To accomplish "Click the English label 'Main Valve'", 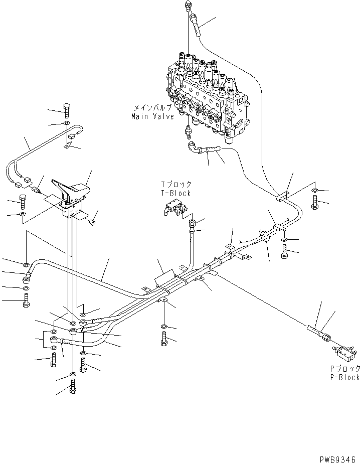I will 152,116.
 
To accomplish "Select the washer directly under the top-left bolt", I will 67,123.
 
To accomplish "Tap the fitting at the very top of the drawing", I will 188,6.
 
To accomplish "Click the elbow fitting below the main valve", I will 192,146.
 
